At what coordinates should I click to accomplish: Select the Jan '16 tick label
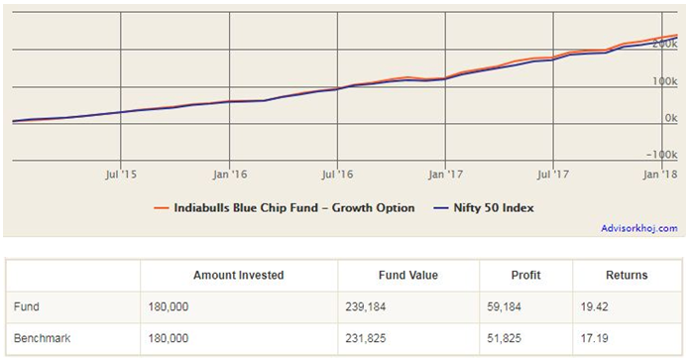coord(230,174)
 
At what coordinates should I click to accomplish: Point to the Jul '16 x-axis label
coord(338,174)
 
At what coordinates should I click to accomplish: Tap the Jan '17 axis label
coord(445,174)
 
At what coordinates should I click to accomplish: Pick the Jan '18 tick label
coord(660,174)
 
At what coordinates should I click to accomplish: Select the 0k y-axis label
coord(669,118)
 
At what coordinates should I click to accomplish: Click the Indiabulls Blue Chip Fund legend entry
coord(286,208)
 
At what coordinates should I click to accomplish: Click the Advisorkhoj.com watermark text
coord(639,228)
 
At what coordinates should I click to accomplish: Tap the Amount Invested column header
coord(238,275)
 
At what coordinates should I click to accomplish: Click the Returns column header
coord(627,275)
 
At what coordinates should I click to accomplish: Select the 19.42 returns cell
coord(596,307)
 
